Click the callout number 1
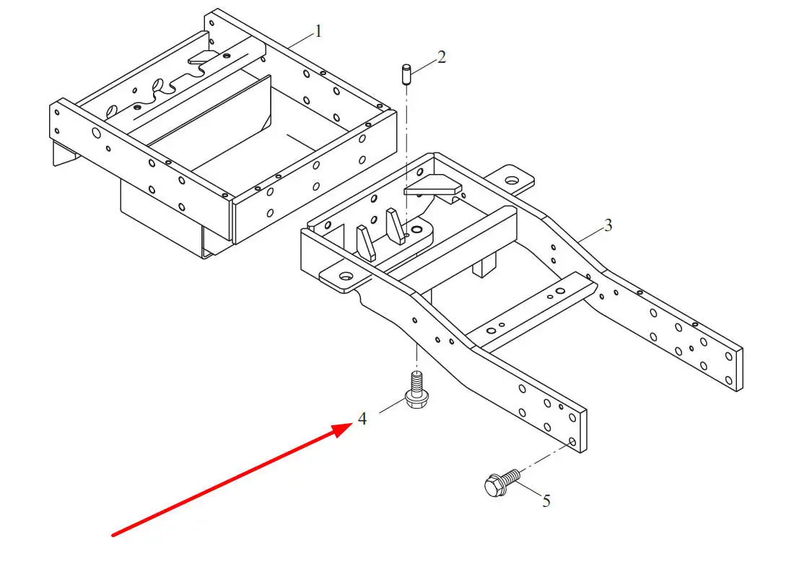tap(318, 32)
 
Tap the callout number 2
tap(442, 56)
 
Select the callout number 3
tap(608, 225)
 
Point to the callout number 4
tap(362, 418)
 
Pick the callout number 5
tap(546, 500)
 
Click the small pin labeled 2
tap(406, 74)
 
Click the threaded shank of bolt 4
tap(416, 380)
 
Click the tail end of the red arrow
tap(113, 535)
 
